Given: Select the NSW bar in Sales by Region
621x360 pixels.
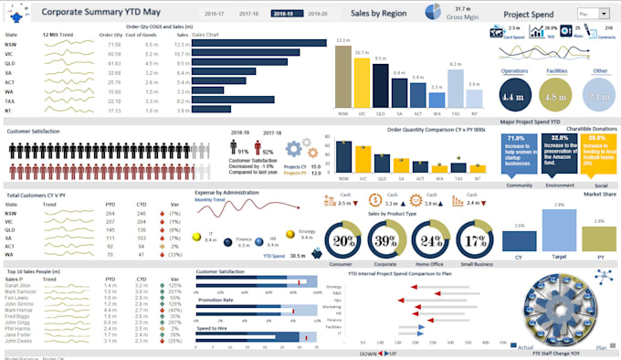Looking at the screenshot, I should [x=342, y=77].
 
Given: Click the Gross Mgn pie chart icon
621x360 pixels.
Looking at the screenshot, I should [x=435, y=13].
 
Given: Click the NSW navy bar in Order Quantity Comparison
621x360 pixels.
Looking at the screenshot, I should [x=342, y=156].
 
